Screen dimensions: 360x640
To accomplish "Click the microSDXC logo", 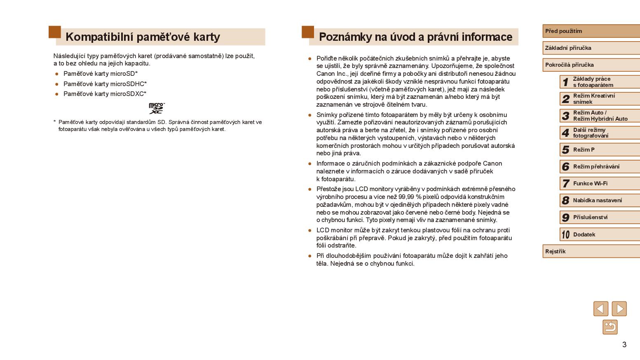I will pyautogui.click(x=157, y=108).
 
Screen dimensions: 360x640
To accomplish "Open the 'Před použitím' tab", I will pyautogui.click(x=590, y=31).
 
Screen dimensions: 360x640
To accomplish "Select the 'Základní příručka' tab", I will pyautogui.click(x=590, y=48).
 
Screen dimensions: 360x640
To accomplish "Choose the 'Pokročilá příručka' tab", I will pyautogui.click(x=590, y=65).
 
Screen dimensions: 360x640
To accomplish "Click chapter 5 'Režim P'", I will pyautogui.click(x=599, y=150).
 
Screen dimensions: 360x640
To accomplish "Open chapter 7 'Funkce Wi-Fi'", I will pyautogui.click(x=599, y=183).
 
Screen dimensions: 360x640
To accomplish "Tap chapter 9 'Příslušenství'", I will pyautogui.click(x=599, y=217).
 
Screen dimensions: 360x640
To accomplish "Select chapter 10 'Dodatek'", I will pyautogui.click(x=599, y=234).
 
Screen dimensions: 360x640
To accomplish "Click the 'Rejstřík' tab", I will pyautogui.click(x=590, y=251).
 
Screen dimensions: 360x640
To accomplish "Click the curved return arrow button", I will pyautogui.click(x=610, y=327).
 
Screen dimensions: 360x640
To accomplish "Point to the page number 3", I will pyautogui.click(x=624, y=344).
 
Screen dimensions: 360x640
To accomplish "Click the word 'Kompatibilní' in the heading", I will pyautogui.click(x=99, y=37).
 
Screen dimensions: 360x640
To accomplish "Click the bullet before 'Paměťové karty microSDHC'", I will pyautogui.click(x=57, y=84).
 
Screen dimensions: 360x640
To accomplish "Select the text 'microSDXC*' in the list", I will pyautogui.click(x=129, y=94).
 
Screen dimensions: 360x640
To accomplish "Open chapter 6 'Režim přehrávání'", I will pyautogui.click(x=599, y=166).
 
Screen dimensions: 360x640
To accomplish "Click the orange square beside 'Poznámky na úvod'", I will pyautogui.click(x=307, y=32).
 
